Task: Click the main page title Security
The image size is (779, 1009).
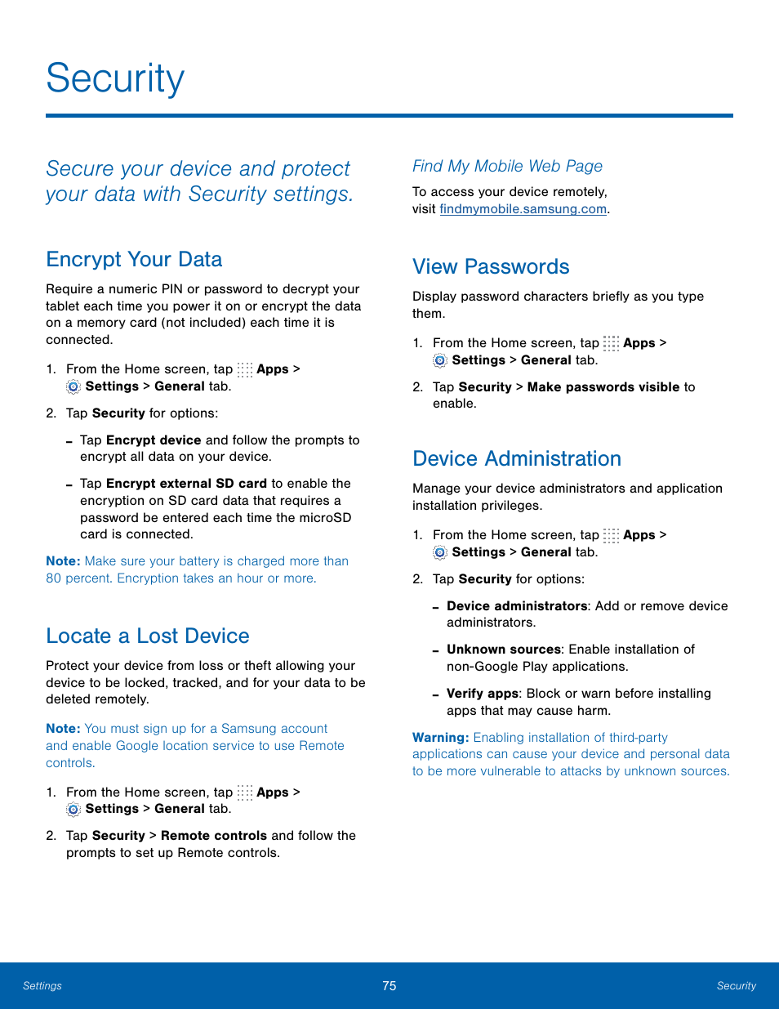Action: point(115,79)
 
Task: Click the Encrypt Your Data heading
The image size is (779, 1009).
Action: point(134,260)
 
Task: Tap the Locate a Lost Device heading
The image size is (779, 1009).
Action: point(148,636)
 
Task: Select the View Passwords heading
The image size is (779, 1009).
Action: point(491,267)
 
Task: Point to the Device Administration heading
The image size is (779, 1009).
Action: point(517,459)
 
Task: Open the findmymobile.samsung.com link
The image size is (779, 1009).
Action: point(523,209)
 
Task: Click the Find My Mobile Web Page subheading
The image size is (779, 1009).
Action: point(507,167)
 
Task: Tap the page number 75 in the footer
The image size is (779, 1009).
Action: point(389,986)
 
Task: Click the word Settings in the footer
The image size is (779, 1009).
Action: point(42,986)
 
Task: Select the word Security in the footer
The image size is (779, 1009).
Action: point(736,986)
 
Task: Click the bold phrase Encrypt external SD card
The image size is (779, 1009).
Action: point(186,484)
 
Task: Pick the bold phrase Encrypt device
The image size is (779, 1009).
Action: point(154,440)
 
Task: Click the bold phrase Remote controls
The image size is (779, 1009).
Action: point(213,836)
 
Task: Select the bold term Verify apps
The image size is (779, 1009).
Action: point(482,694)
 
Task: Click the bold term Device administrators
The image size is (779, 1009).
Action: point(517,606)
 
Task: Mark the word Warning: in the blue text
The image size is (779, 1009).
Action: point(440,738)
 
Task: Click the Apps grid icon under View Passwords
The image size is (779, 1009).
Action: point(611,343)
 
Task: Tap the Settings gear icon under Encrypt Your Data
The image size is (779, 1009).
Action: point(73,386)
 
